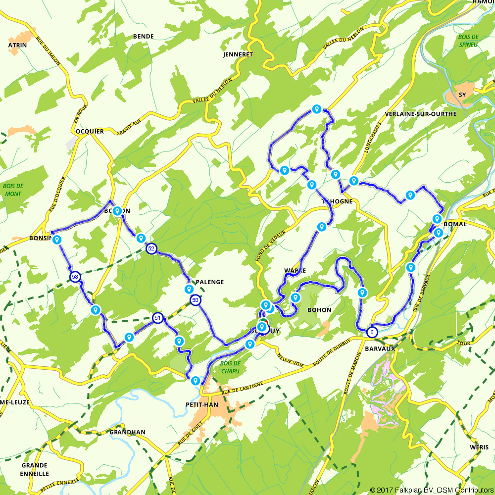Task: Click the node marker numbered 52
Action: [152, 249]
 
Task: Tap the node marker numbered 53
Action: [75, 276]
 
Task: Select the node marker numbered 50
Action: [196, 300]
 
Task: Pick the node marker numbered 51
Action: [157, 318]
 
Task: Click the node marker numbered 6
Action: [372, 333]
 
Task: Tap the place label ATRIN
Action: [18, 45]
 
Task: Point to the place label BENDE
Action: [144, 36]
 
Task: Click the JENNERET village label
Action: [238, 54]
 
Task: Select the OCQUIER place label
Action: [90, 132]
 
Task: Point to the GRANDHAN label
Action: [128, 432]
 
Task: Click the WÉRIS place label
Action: [479, 447]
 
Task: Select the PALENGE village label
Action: [210, 282]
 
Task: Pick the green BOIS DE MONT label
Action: [13, 190]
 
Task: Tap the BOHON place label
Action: [319, 310]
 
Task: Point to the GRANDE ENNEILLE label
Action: [35, 469]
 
